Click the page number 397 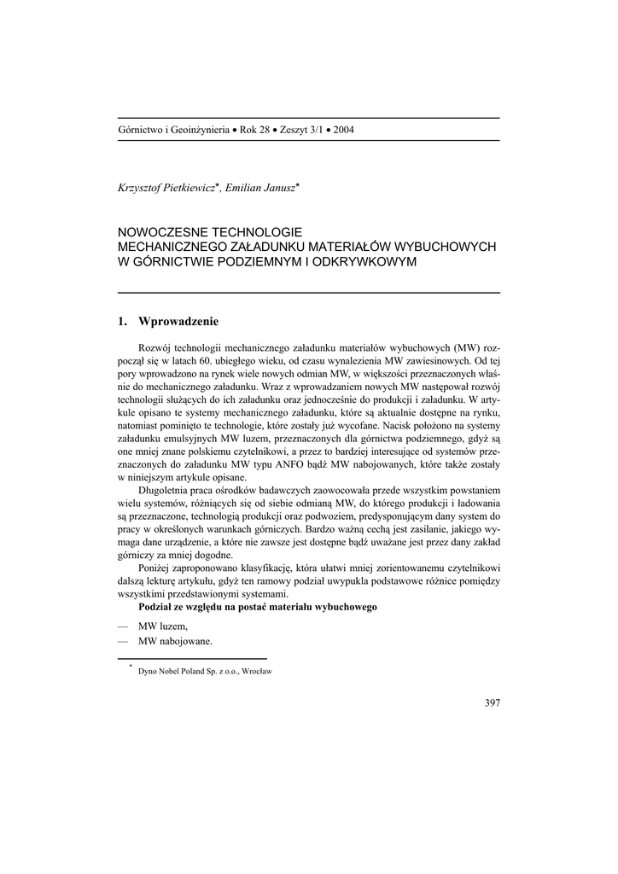tap(491, 703)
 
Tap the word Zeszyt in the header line tap(295, 130)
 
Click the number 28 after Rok tap(264, 130)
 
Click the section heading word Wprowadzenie tap(178, 322)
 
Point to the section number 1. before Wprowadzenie tap(122, 322)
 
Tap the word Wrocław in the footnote tap(256, 671)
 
